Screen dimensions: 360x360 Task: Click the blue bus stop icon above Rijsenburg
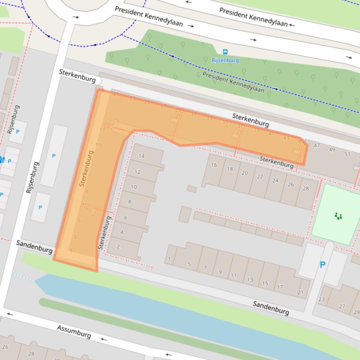[x=226, y=52]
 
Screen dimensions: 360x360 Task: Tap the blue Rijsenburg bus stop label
[x=225, y=60]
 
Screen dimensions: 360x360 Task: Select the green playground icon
[x=338, y=216]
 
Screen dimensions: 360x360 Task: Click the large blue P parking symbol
[x=323, y=265]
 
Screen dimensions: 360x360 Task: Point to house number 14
[x=141, y=156]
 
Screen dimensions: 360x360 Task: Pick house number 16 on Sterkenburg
[x=214, y=165]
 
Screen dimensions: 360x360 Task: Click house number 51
[x=347, y=154]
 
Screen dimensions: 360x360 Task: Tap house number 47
[x=316, y=145]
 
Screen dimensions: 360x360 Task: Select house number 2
[x=118, y=247]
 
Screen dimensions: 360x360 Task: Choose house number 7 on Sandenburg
[x=205, y=268]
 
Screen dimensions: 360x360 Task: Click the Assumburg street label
[x=74, y=331]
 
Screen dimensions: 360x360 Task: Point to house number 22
[x=260, y=177]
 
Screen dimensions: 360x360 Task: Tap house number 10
[x=133, y=187]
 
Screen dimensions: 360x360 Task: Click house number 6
[x=125, y=217]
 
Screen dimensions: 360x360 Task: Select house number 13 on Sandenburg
[x=250, y=280]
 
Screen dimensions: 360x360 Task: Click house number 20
[x=244, y=173]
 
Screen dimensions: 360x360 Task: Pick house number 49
[x=332, y=150]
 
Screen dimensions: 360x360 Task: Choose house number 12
[x=137, y=172]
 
